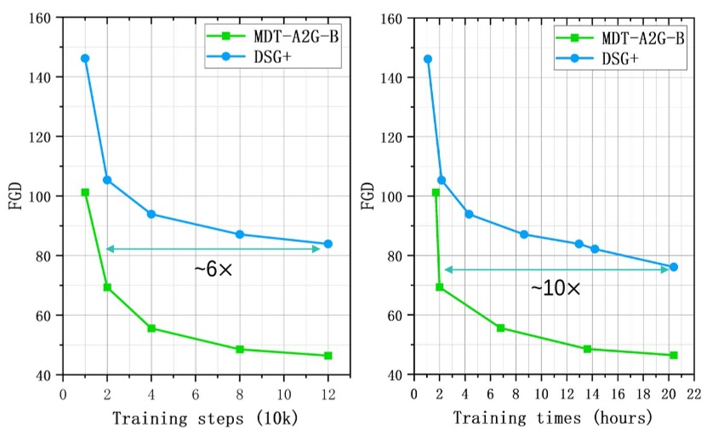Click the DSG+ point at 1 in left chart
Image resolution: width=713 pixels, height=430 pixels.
[85, 58]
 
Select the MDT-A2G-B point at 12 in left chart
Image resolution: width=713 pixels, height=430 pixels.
[328, 356]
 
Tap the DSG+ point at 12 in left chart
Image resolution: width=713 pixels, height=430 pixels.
[328, 244]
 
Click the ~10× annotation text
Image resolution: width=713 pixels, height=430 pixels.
[556, 289]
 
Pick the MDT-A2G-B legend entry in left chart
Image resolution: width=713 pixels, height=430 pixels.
[264, 37]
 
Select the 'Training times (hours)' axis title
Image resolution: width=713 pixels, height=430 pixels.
[553, 418]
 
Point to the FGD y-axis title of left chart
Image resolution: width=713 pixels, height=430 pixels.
[15, 196]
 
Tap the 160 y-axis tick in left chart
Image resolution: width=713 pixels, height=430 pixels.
[41, 17]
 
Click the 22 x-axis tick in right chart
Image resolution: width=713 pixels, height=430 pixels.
[695, 394]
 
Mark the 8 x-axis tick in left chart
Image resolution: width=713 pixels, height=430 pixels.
[240, 394]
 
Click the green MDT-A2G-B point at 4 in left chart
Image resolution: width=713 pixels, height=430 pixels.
[151, 328]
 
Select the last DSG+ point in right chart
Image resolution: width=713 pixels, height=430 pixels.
[674, 267]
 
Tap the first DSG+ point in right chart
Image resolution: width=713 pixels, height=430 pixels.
[427, 59]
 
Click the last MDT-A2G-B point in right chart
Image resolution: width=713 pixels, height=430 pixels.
[674, 355]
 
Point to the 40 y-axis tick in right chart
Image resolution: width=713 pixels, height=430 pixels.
[396, 375]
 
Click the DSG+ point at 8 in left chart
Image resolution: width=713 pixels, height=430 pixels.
[240, 234]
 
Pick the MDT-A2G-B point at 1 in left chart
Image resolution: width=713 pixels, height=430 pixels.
[85, 192]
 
